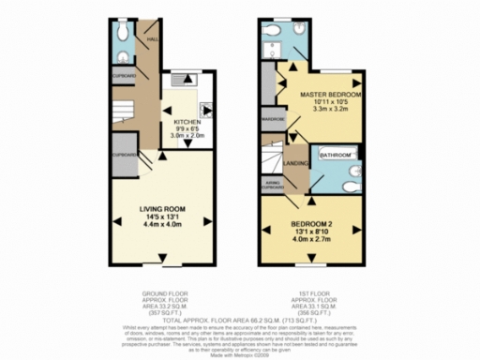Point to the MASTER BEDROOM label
(x=331, y=96)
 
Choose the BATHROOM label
(x=336, y=154)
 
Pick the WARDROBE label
(x=273, y=120)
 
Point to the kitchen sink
(x=176, y=82)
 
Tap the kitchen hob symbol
(x=206, y=109)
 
